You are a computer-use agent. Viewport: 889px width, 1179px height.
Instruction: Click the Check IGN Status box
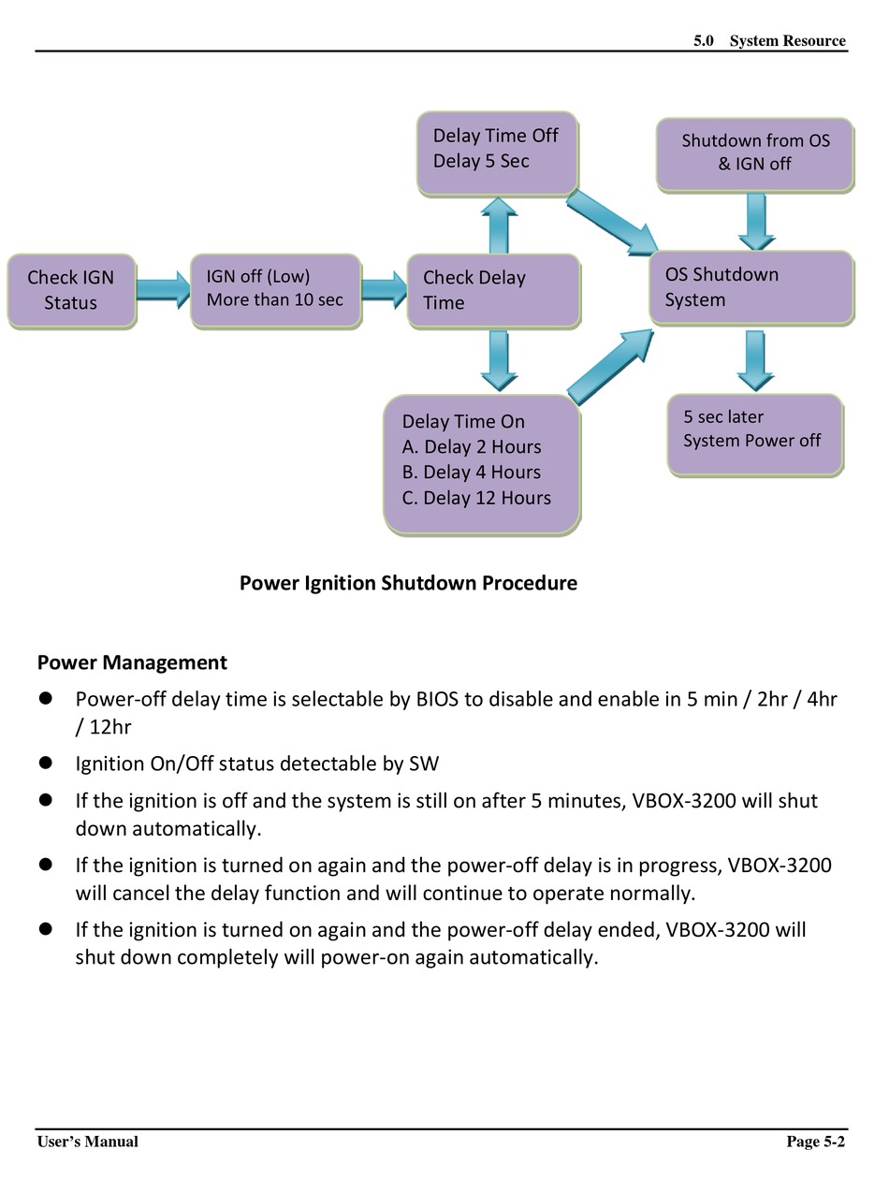tap(71, 291)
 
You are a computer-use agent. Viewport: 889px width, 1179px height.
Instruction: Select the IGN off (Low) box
tap(275, 290)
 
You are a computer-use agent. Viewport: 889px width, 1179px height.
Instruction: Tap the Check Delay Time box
tap(493, 291)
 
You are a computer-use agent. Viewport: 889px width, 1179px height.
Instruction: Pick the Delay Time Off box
tap(497, 153)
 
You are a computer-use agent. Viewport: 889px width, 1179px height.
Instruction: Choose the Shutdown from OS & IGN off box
tap(754, 154)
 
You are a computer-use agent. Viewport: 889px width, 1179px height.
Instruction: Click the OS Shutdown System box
tap(751, 287)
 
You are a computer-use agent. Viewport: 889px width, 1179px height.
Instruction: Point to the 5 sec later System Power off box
tap(754, 434)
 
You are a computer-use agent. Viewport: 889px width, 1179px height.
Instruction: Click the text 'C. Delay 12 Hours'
tap(476, 498)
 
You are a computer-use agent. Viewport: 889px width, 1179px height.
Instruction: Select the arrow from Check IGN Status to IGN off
tap(164, 290)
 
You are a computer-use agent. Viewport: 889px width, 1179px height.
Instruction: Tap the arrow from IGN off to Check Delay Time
tap(384, 290)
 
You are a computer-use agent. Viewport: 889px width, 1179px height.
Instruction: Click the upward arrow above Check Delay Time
tap(499, 226)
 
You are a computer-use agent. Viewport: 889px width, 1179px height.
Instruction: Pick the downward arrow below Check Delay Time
tap(499, 360)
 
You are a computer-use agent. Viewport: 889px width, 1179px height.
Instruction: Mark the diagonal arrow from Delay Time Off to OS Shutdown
tap(612, 222)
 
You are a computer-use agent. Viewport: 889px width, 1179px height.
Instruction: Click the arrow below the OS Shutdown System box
tap(755, 360)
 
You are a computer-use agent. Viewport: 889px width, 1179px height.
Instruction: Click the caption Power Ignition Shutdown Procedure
tap(408, 583)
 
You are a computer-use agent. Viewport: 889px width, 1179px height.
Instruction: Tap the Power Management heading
tap(132, 662)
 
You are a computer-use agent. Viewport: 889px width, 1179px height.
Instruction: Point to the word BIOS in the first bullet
tap(437, 699)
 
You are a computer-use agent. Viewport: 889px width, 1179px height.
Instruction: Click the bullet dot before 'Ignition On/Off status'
tap(46, 763)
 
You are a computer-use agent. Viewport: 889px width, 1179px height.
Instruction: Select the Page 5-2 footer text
tap(815, 1141)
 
